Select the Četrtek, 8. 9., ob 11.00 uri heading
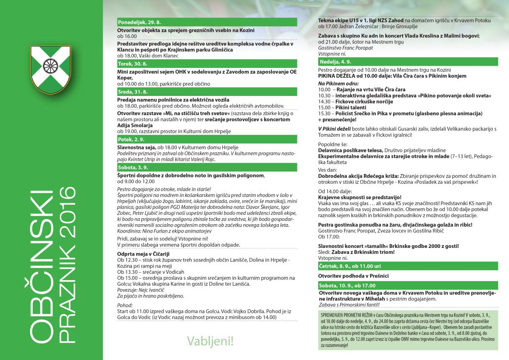coord(350,266)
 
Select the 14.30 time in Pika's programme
coord(324,102)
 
